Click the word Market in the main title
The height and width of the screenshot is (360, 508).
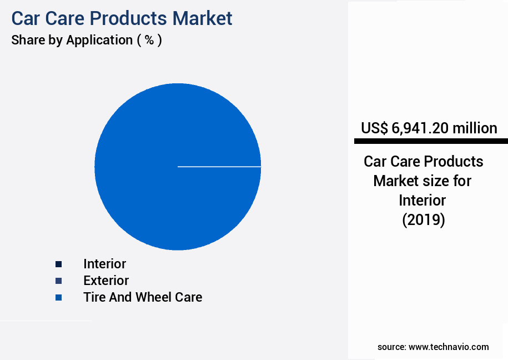click(202, 18)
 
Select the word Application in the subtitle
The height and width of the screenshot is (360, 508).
click(99, 40)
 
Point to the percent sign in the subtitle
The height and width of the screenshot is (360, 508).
click(149, 40)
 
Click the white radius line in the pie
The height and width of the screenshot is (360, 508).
click(219, 166)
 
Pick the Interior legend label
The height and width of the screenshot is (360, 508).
click(104, 264)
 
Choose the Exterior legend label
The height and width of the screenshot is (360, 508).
click(105, 281)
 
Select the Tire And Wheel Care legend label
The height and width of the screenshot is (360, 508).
click(143, 297)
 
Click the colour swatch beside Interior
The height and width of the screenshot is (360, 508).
click(59, 264)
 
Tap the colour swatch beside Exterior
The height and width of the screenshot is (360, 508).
click(59, 281)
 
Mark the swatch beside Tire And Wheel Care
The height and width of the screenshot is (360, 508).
click(59, 298)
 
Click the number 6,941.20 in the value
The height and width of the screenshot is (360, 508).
click(420, 128)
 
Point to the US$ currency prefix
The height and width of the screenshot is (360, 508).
click(374, 128)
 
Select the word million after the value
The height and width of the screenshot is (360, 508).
click(475, 128)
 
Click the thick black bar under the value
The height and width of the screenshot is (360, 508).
click(431, 141)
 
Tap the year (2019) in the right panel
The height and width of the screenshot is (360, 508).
click(424, 220)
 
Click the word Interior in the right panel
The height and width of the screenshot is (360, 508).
click(423, 200)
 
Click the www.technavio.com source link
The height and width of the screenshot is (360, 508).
click(449, 347)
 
